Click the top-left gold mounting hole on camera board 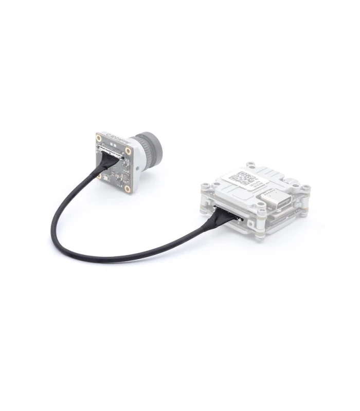(x=99, y=137)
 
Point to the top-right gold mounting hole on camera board (x=128, y=151)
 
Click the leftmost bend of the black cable (x=53, y=234)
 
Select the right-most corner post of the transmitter (x=307, y=189)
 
